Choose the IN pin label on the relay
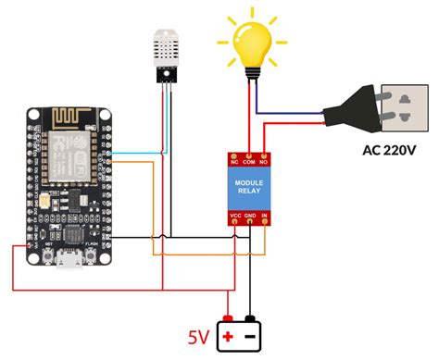point(265,216)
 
